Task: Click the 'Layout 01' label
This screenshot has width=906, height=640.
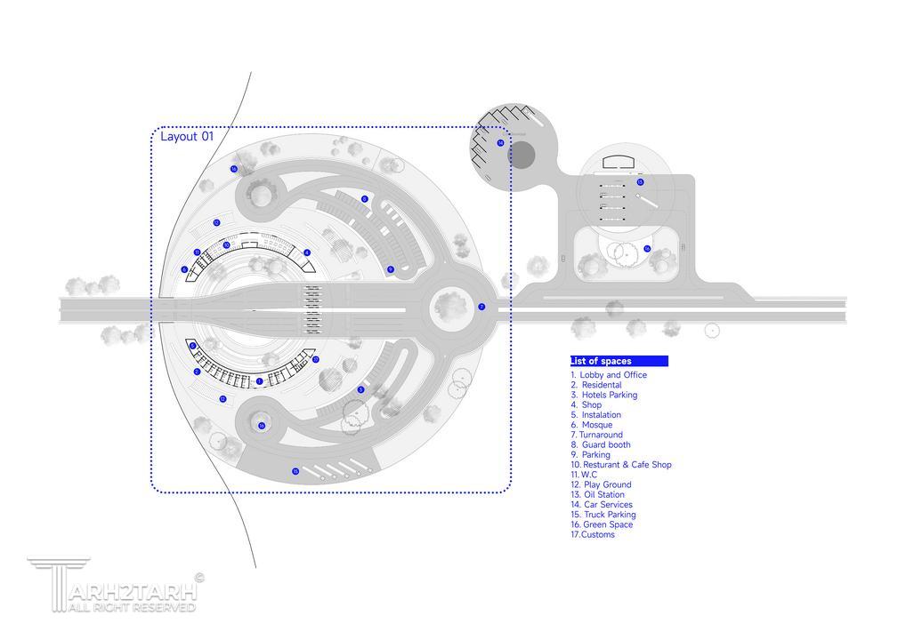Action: (x=187, y=137)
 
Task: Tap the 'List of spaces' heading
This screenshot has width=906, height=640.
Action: (x=602, y=361)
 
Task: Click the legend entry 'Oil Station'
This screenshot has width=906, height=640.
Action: (x=603, y=494)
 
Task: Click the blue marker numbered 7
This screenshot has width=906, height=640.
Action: (x=481, y=307)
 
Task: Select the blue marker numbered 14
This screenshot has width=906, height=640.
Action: (x=500, y=142)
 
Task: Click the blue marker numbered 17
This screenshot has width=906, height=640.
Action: (x=315, y=359)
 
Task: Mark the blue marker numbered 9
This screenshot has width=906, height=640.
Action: (x=391, y=268)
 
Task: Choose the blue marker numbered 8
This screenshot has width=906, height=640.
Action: (x=365, y=199)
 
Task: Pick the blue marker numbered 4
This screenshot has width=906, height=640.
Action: (x=307, y=252)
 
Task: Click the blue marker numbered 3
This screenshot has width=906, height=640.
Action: (x=360, y=389)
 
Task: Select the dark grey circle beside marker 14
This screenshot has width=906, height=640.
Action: (x=522, y=156)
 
